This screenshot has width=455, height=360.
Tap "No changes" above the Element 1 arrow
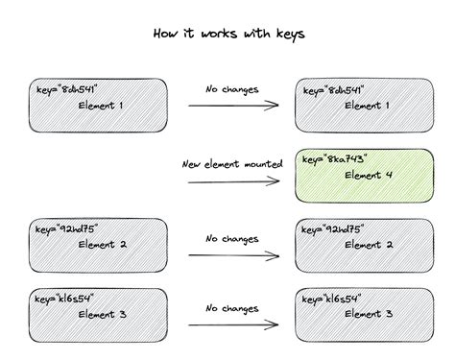click(231, 89)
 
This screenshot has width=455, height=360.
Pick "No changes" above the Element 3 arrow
click(231, 309)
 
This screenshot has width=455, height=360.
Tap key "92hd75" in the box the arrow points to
click(342, 229)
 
